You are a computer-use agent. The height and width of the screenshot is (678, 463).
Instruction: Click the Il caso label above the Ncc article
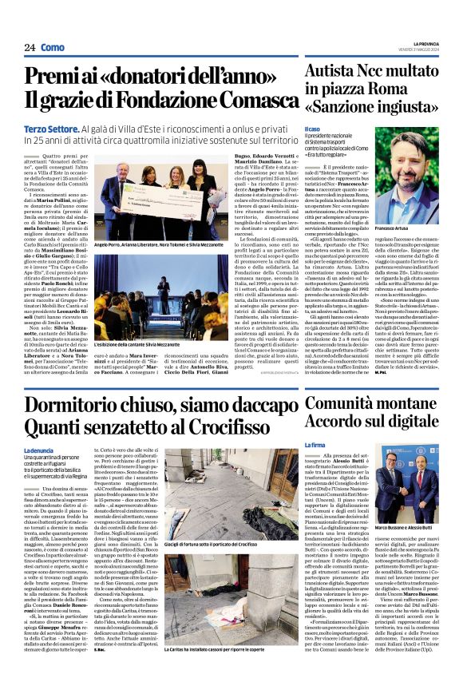point(312,128)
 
